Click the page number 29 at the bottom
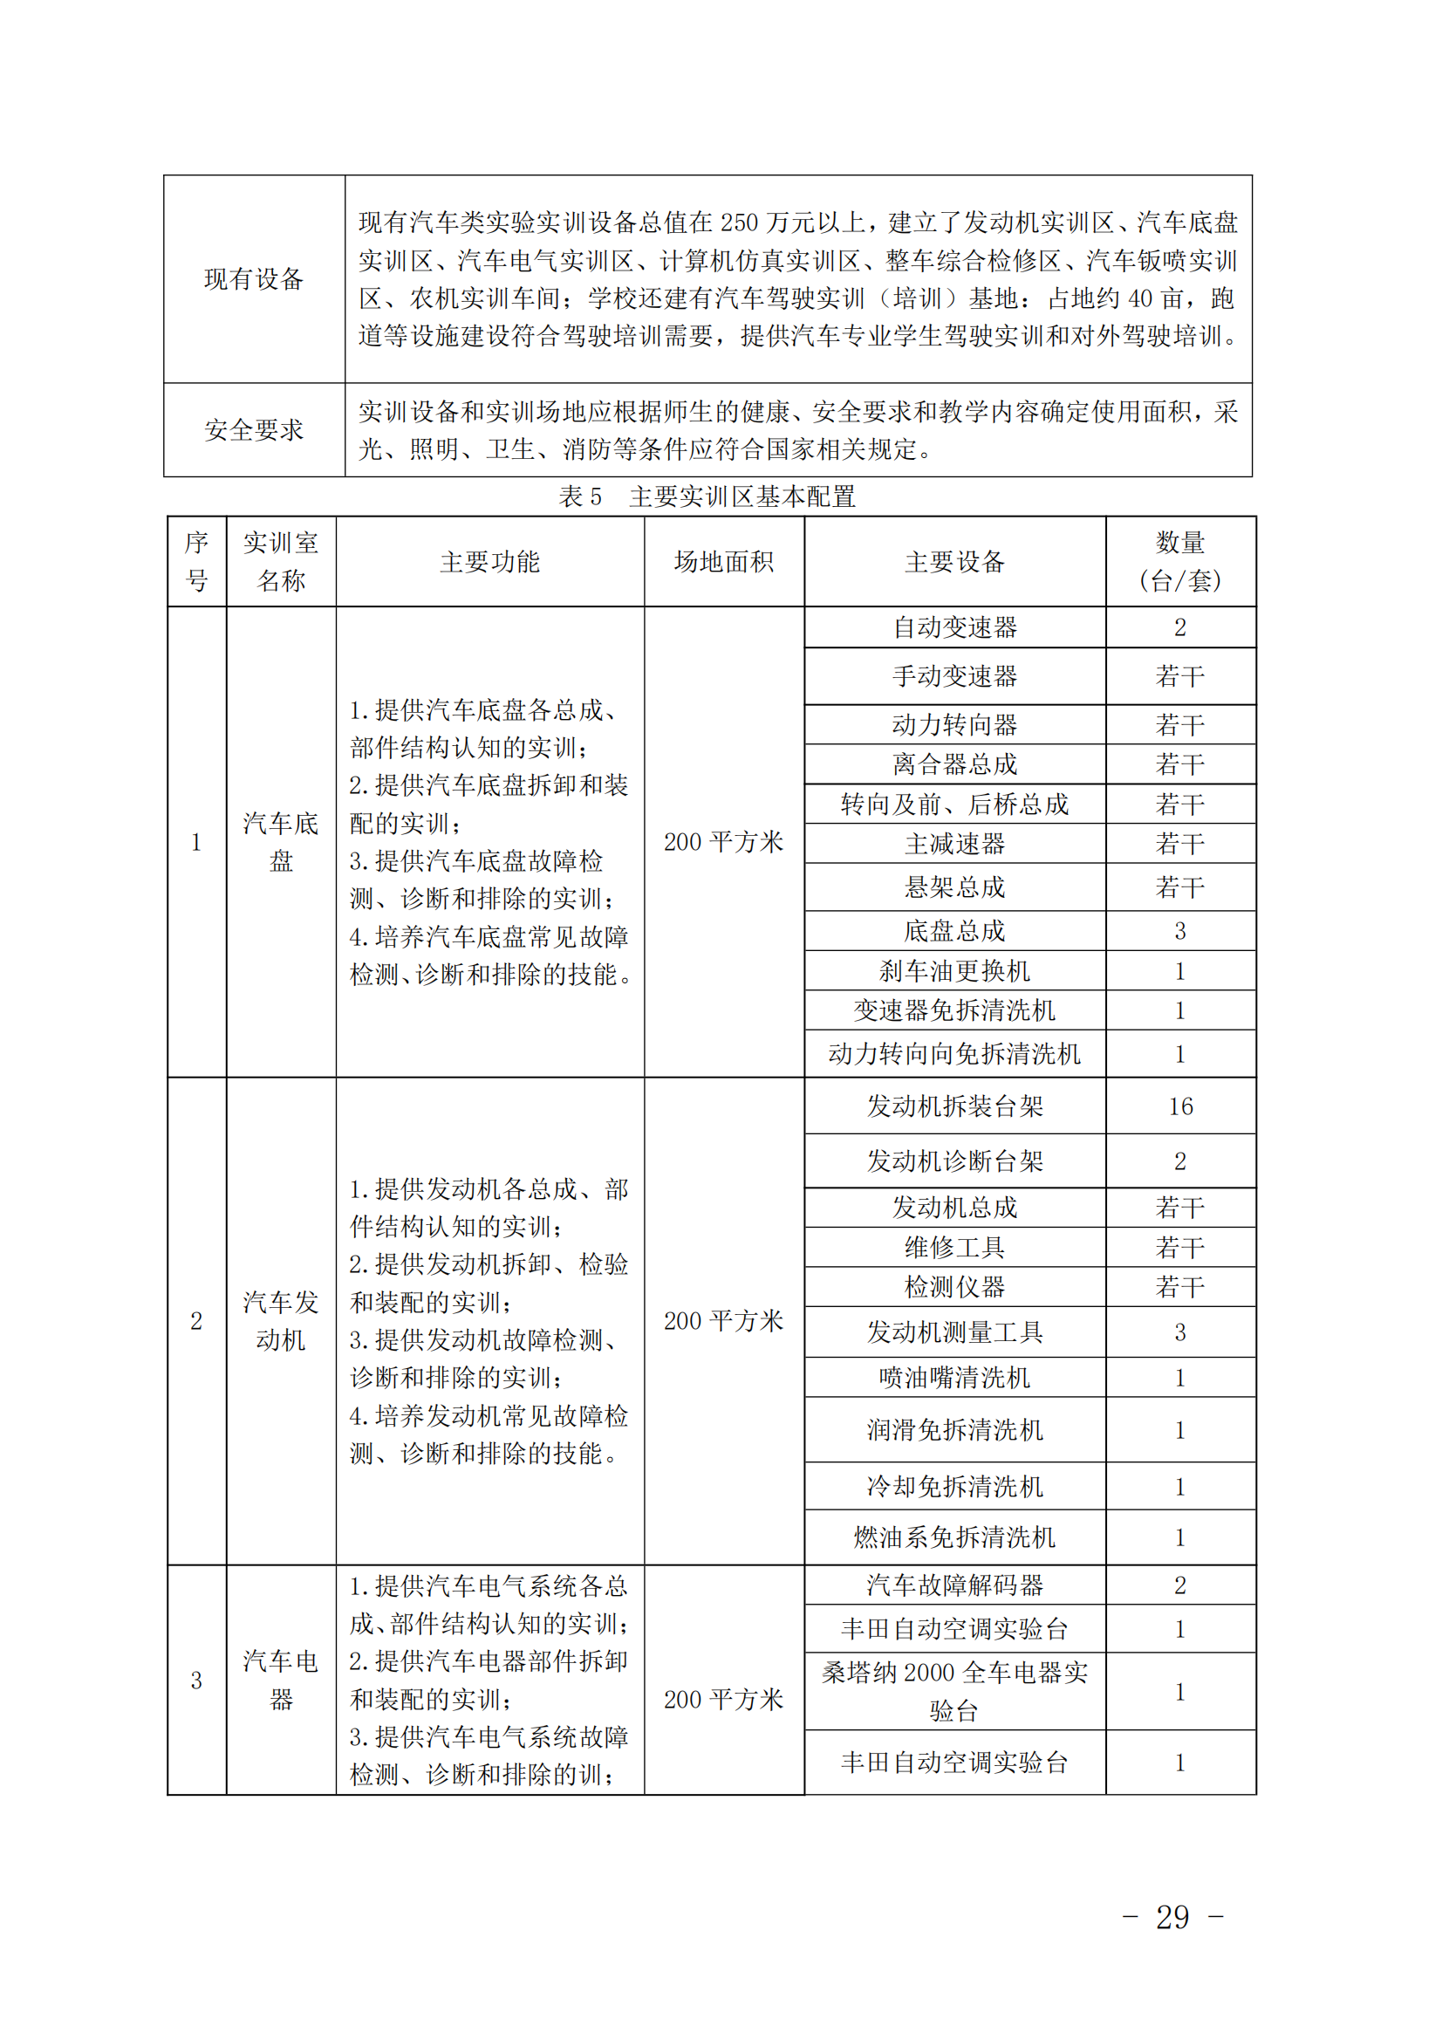point(1172,1916)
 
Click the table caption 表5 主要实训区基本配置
point(707,496)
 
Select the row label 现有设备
point(254,279)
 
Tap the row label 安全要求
point(254,430)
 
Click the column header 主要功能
point(489,562)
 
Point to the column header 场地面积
point(724,562)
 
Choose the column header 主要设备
point(954,562)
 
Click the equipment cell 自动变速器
point(954,627)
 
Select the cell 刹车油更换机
point(954,971)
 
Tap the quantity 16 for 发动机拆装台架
point(1180,1106)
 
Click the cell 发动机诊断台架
point(954,1160)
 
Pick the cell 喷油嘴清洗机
point(954,1377)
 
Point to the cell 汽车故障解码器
point(954,1585)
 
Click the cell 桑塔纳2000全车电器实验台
point(954,1691)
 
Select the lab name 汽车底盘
point(281,841)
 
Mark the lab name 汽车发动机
point(281,1320)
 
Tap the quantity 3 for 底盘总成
point(1180,930)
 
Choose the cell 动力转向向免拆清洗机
point(954,1054)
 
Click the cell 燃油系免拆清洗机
point(954,1537)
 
